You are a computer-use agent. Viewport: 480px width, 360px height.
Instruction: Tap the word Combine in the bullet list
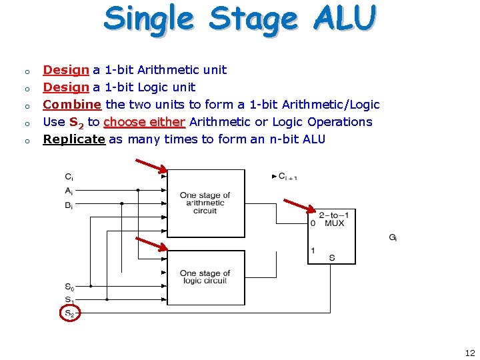(72, 105)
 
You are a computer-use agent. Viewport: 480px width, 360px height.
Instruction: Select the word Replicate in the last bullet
(74, 139)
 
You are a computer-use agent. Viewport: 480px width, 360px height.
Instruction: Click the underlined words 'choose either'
(144, 122)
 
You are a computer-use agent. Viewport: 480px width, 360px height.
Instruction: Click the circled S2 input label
(69, 312)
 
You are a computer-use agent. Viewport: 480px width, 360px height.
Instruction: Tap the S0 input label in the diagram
(69, 287)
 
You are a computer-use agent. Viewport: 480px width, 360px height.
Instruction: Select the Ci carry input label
(69, 177)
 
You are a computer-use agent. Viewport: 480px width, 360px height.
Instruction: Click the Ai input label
(69, 191)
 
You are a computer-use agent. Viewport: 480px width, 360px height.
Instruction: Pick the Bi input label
(69, 206)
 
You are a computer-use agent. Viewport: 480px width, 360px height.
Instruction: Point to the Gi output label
(393, 237)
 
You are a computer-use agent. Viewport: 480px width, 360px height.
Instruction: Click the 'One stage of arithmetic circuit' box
(205, 203)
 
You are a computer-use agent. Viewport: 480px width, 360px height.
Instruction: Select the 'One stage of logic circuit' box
(205, 277)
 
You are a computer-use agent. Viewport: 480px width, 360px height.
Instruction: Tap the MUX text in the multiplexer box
(334, 223)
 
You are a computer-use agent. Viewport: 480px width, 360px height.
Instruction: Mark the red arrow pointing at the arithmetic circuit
(150, 166)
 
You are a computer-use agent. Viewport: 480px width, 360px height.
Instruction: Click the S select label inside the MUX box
(332, 257)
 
